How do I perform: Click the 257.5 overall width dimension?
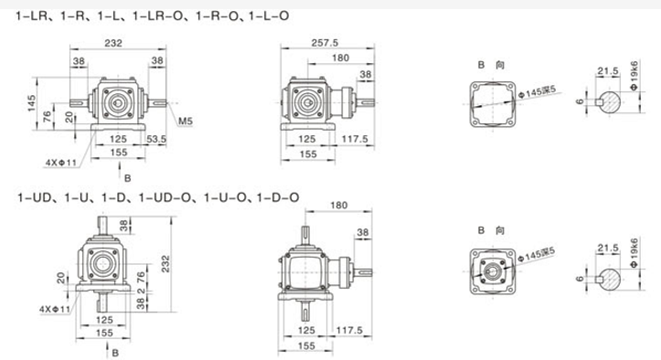pos(325,43)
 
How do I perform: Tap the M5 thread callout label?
pos(186,122)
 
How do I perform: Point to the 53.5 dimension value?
pos(156,139)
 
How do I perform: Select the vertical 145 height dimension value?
pos(32,103)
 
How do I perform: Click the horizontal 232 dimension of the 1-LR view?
pos(113,43)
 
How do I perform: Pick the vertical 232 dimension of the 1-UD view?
pos(165,263)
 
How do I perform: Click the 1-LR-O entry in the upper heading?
pos(158,16)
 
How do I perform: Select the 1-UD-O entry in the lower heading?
pos(165,197)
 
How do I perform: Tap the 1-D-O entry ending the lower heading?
pos(278,197)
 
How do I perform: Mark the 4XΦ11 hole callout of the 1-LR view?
pos(61,163)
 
